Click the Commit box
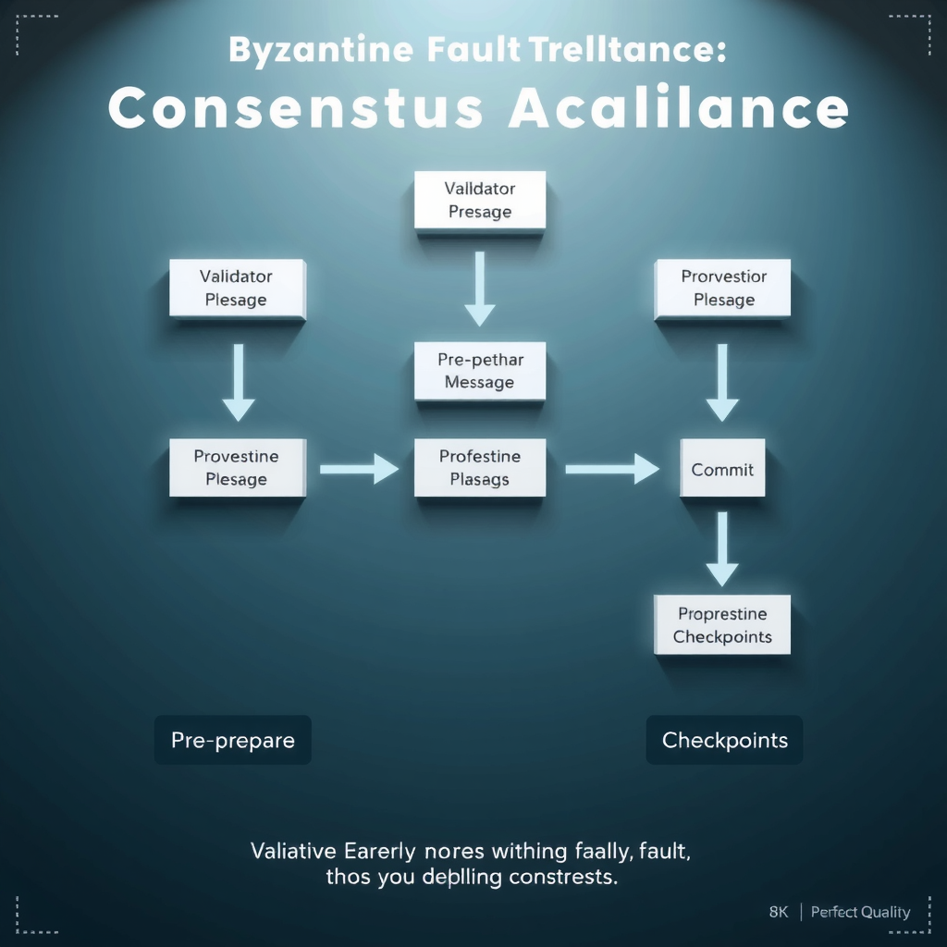click(722, 469)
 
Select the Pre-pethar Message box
click(479, 371)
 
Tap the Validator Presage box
click(479, 200)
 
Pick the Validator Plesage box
click(237, 289)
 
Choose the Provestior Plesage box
click(723, 289)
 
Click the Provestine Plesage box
click(237, 468)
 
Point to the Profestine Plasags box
click(479, 468)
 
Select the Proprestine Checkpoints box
click(722, 625)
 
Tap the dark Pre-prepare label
click(233, 740)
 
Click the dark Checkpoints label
click(724, 740)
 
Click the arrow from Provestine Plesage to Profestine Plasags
click(359, 469)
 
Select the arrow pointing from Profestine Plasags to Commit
click(611, 469)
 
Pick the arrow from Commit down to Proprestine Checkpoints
click(722, 548)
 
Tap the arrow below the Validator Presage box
click(479, 289)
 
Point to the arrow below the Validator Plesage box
click(238, 382)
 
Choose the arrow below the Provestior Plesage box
click(722, 382)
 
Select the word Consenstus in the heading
click(295, 109)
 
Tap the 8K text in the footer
click(779, 912)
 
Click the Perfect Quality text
click(860, 912)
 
